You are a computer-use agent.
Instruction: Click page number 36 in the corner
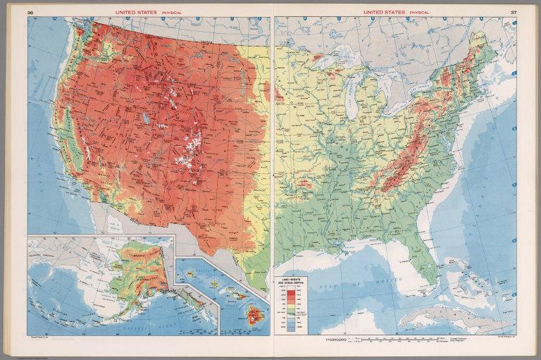pos(30,12)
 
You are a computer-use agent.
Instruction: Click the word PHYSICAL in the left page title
pos(162,12)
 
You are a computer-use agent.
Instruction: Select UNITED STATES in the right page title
pos(385,12)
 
